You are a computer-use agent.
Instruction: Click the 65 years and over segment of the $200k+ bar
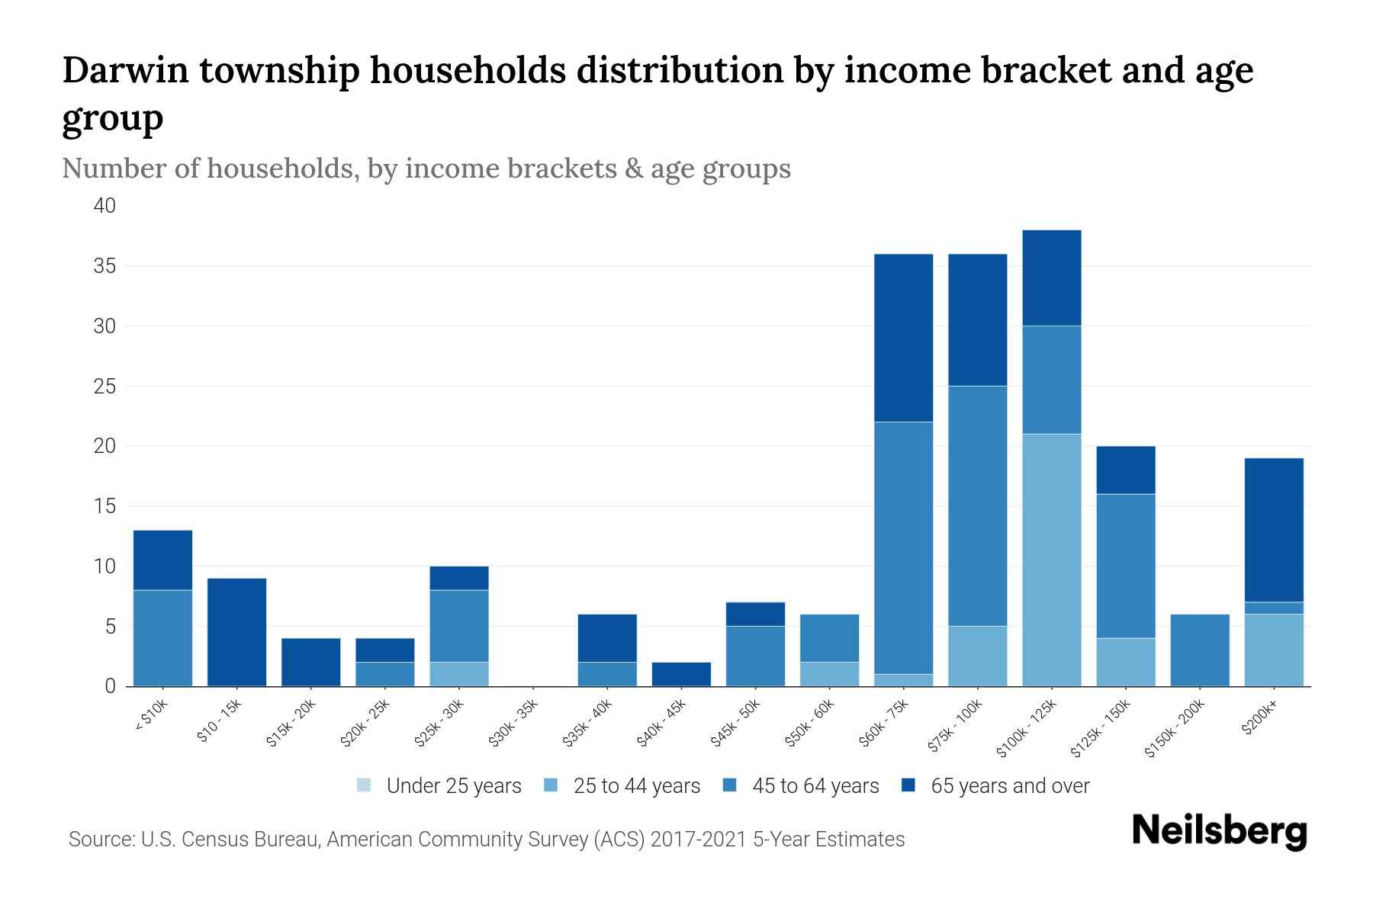click(x=1273, y=530)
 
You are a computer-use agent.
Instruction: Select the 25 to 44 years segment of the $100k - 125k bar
click(x=1051, y=560)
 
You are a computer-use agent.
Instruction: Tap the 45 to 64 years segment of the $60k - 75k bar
click(x=903, y=547)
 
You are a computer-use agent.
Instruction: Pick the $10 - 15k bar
click(x=236, y=632)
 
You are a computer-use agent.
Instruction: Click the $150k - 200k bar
click(x=1199, y=650)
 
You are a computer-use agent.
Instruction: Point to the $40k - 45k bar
click(x=681, y=674)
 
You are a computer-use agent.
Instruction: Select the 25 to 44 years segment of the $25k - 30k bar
click(x=459, y=674)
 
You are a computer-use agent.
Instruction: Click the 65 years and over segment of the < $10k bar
click(x=162, y=560)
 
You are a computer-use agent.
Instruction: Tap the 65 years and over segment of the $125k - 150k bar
click(x=1125, y=470)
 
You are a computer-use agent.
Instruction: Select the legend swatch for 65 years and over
click(x=908, y=785)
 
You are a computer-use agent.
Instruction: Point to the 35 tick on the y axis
click(x=105, y=266)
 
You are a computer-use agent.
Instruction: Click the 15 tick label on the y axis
click(x=105, y=506)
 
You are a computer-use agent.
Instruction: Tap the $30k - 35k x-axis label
click(x=513, y=724)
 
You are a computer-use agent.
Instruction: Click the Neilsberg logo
click(x=1220, y=831)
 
